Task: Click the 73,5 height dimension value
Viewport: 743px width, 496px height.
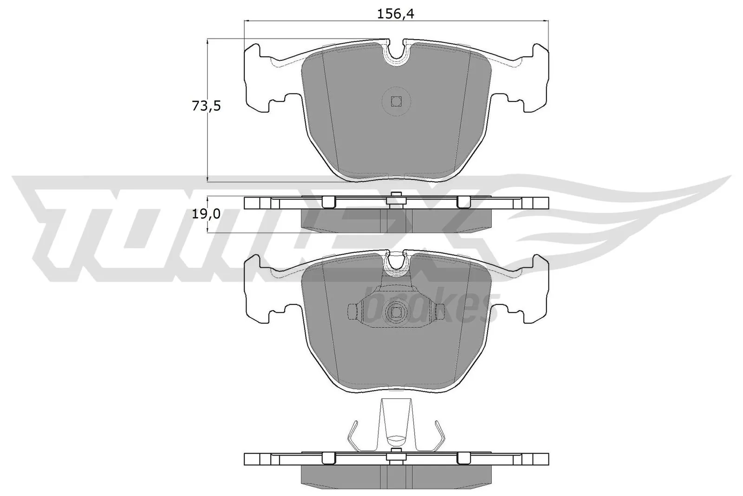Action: pos(206,106)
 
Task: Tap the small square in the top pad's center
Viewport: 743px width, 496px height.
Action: pos(396,101)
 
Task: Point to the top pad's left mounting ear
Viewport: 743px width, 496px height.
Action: pos(258,77)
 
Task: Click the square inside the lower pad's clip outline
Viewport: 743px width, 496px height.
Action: pos(396,312)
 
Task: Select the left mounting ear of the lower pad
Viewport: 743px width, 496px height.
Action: pos(258,288)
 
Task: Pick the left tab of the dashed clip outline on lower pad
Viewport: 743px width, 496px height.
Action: pos(352,311)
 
